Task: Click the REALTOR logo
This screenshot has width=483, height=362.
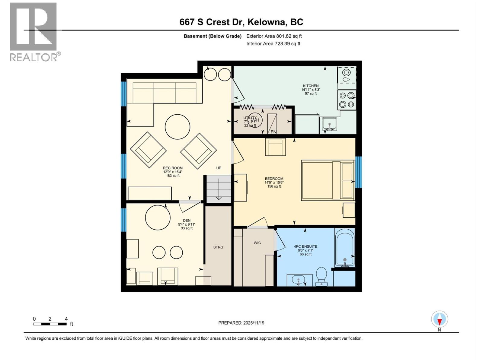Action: (x=34, y=32)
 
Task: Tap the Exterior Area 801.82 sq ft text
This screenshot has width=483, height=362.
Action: (x=274, y=36)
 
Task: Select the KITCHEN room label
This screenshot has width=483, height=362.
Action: (x=311, y=86)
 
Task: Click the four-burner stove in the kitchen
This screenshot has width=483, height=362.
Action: (x=347, y=100)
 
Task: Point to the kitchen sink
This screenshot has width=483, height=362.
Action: (x=329, y=124)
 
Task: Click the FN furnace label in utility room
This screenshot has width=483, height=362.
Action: (x=273, y=132)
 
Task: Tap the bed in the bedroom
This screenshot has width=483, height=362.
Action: (x=328, y=180)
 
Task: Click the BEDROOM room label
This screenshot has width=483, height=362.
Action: (x=274, y=179)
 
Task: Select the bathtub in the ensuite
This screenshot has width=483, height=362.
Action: (x=344, y=248)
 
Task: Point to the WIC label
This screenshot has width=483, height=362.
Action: (x=257, y=243)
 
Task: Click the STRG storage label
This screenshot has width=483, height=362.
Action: (x=218, y=247)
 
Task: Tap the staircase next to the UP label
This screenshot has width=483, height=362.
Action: (x=219, y=189)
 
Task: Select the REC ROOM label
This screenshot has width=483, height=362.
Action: (x=173, y=168)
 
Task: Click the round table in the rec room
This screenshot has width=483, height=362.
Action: (x=178, y=127)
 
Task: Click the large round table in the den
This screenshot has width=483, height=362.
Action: (x=158, y=218)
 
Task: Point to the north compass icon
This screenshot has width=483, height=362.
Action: (x=440, y=319)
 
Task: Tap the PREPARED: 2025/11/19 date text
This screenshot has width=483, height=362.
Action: (x=241, y=323)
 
